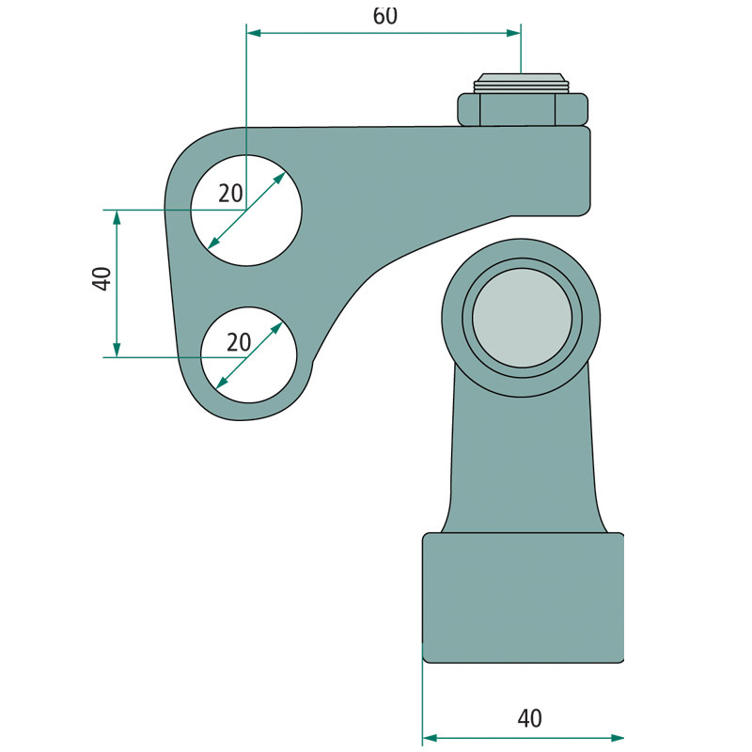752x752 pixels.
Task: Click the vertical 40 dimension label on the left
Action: (102, 278)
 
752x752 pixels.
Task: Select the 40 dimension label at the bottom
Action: (529, 718)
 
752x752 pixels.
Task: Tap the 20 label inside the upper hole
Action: (230, 194)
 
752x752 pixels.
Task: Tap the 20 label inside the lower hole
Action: (239, 342)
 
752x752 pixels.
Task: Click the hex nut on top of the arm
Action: (524, 109)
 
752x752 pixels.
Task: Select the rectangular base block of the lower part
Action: (523, 597)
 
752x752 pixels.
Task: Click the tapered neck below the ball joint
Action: (523, 461)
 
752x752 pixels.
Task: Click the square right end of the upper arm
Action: (575, 169)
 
